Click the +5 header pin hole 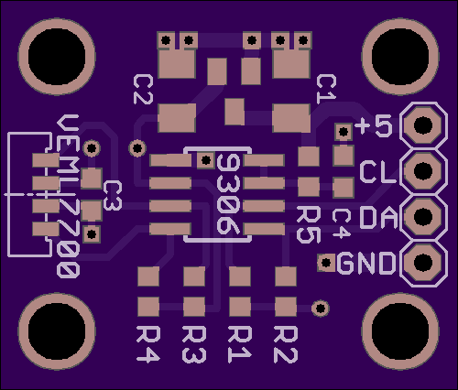[423, 125]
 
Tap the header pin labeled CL [423, 171]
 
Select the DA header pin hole [423, 216]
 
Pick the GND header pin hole [423, 262]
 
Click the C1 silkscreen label [326, 89]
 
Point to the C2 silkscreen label [143, 90]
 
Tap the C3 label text [113, 196]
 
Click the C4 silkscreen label [341, 223]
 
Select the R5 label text [309, 224]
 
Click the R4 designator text [147, 344]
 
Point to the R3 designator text [193, 344]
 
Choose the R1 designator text [240, 344]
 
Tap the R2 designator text [286, 344]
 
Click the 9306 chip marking [228, 194]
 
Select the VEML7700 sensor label [69, 196]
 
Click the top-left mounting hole [57, 57]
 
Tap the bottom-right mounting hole [400, 331]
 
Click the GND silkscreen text [365, 263]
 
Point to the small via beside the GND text [326, 263]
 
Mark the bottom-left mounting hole [57, 331]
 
